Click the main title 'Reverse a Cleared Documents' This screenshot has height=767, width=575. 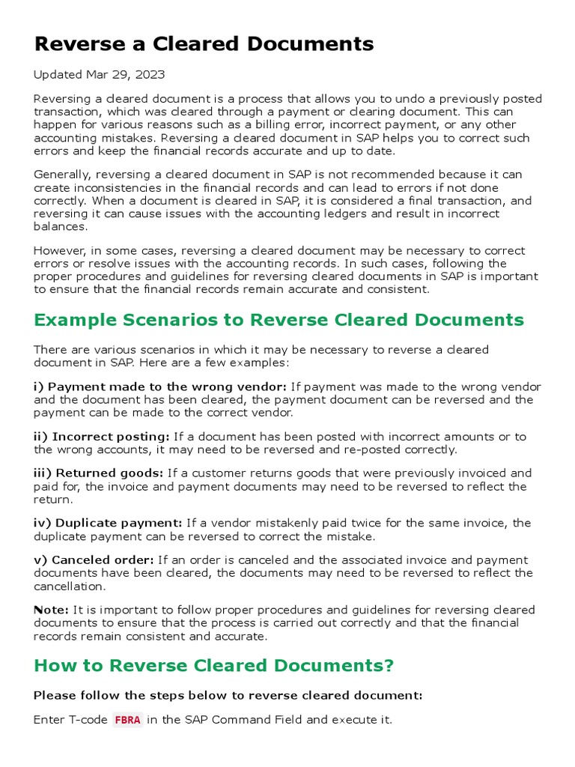pyautogui.click(x=204, y=44)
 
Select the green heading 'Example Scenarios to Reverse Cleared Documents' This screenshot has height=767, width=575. pyautogui.click(x=279, y=321)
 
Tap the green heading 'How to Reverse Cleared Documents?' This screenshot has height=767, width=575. pyautogui.click(x=213, y=666)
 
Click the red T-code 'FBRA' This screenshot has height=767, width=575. pyautogui.click(x=127, y=721)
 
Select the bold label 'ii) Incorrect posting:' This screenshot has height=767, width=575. pyautogui.click(x=102, y=437)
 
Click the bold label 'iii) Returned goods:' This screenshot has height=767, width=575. pyautogui.click(x=99, y=473)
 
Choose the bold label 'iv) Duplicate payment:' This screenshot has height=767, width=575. pyautogui.click(x=108, y=523)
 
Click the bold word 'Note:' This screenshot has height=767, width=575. pyautogui.click(x=51, y=610)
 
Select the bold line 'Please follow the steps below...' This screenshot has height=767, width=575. pyautogui.click(x=228, y=696)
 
